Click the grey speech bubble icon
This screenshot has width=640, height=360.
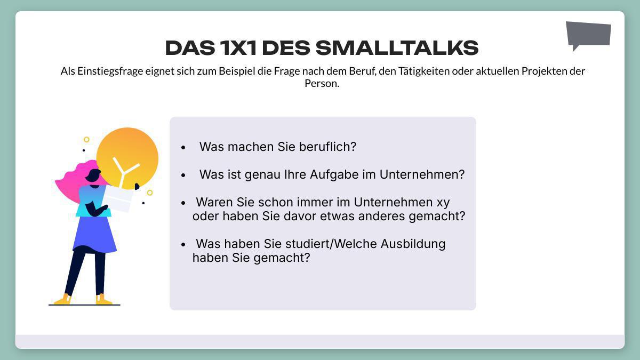click(588, 34)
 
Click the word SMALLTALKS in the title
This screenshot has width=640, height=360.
click(397, 48)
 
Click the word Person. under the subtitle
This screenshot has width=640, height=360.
click(322, 84)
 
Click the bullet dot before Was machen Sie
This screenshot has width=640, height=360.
click(183, 147)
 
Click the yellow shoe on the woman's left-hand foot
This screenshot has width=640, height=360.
click(63, 300)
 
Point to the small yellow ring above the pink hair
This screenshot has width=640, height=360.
click(86, 140)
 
